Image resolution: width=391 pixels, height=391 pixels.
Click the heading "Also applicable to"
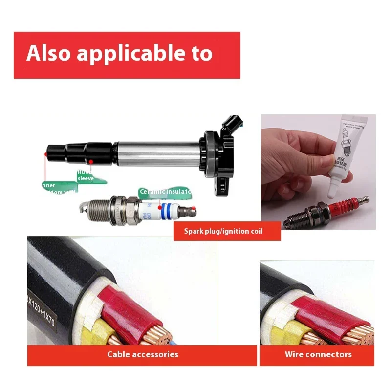(120, 53)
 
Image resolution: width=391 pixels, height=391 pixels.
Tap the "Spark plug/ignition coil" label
(227, 231)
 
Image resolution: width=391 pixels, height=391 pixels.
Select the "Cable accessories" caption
(143, 354)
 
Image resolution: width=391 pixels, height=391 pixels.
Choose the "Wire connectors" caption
(318, 354)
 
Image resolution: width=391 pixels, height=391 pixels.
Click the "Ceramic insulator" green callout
(165, 192)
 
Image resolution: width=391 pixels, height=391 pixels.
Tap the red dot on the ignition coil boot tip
(45, 154)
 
